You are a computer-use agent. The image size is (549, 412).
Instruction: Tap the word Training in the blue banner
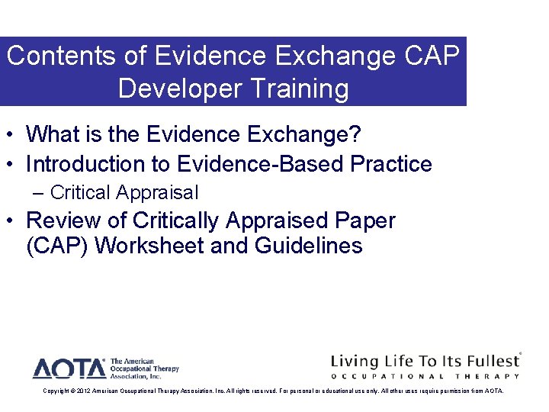(x=300, y=89)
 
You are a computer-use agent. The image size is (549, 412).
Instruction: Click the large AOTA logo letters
(x=69, y=369)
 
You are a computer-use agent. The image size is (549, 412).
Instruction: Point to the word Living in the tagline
(x=358, y=361)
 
